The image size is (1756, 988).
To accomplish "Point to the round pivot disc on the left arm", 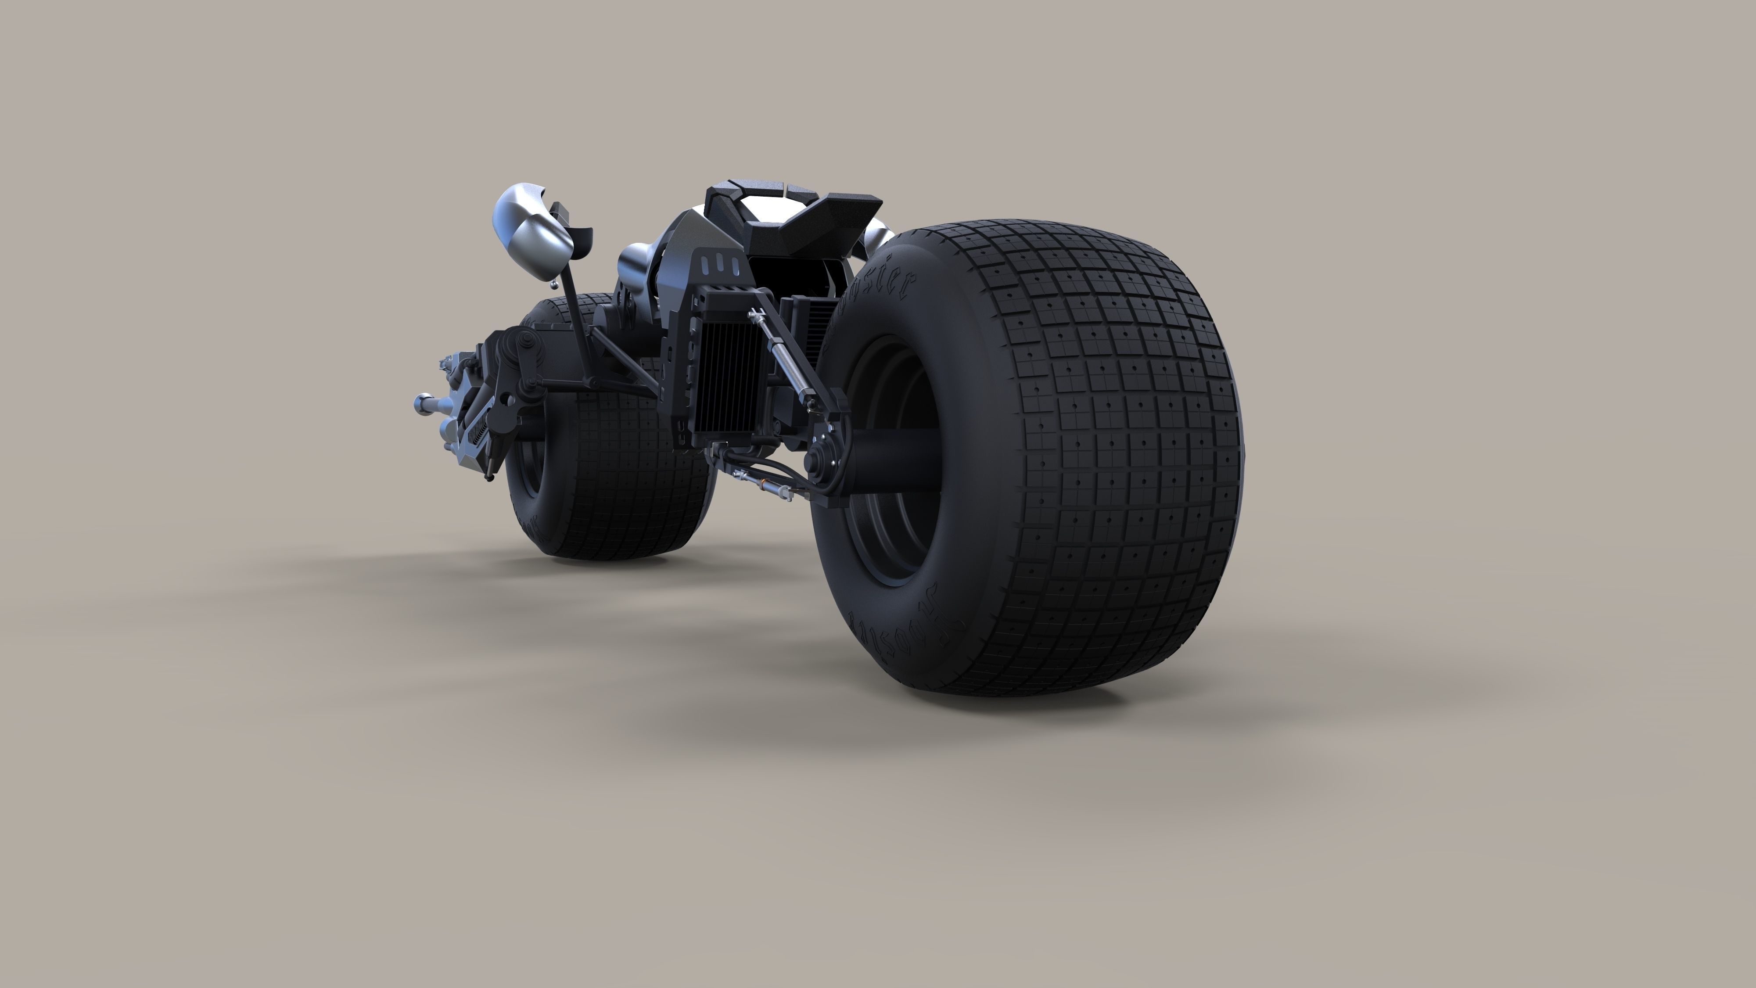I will (x=525, y=341).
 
